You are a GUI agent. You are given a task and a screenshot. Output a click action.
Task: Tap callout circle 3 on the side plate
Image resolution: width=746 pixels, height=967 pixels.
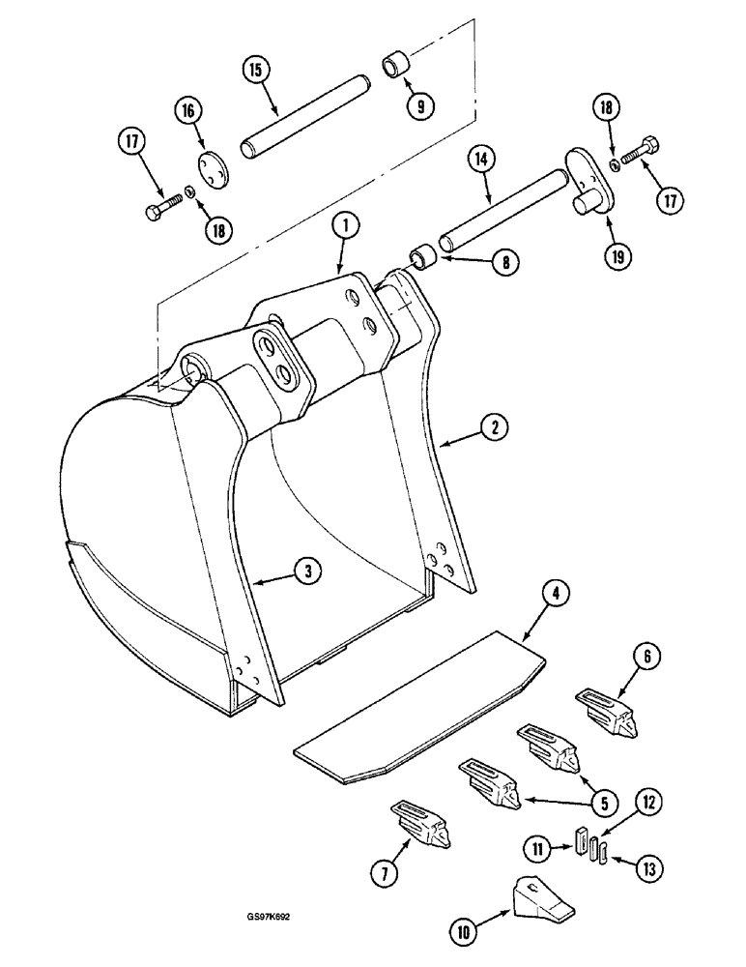306,571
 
